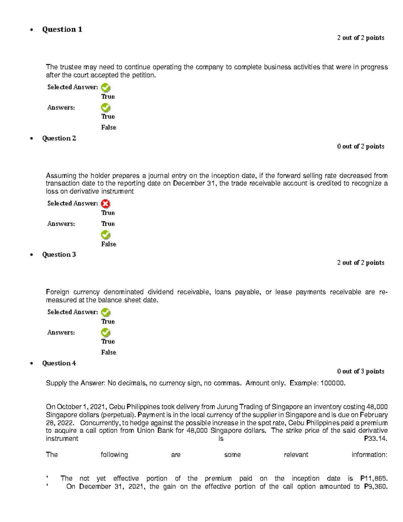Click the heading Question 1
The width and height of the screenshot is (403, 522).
click(62, 30)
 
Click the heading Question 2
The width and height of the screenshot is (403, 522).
click(59, 138)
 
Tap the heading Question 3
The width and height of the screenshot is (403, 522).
click(59, 254)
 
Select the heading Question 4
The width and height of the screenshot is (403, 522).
click(59, 363)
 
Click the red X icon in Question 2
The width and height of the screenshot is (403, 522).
click(105, 204)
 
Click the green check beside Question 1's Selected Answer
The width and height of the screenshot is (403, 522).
click(105, 88)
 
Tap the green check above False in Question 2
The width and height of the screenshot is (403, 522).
click(105, 235)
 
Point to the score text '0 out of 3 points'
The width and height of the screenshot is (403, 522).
click(361, 371)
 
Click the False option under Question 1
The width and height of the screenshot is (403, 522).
click(108, 127)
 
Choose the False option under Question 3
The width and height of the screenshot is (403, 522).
click(108, 352)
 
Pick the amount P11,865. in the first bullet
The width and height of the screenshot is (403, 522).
click(374, 478)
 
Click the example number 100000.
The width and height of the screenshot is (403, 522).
click(333, 383)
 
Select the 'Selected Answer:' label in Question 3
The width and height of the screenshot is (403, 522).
click(73, 312)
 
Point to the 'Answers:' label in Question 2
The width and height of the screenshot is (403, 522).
click(61, 224)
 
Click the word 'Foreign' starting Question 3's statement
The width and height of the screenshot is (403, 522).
click(57, 292)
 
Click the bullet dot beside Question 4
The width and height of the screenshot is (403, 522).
click(32, 363)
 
